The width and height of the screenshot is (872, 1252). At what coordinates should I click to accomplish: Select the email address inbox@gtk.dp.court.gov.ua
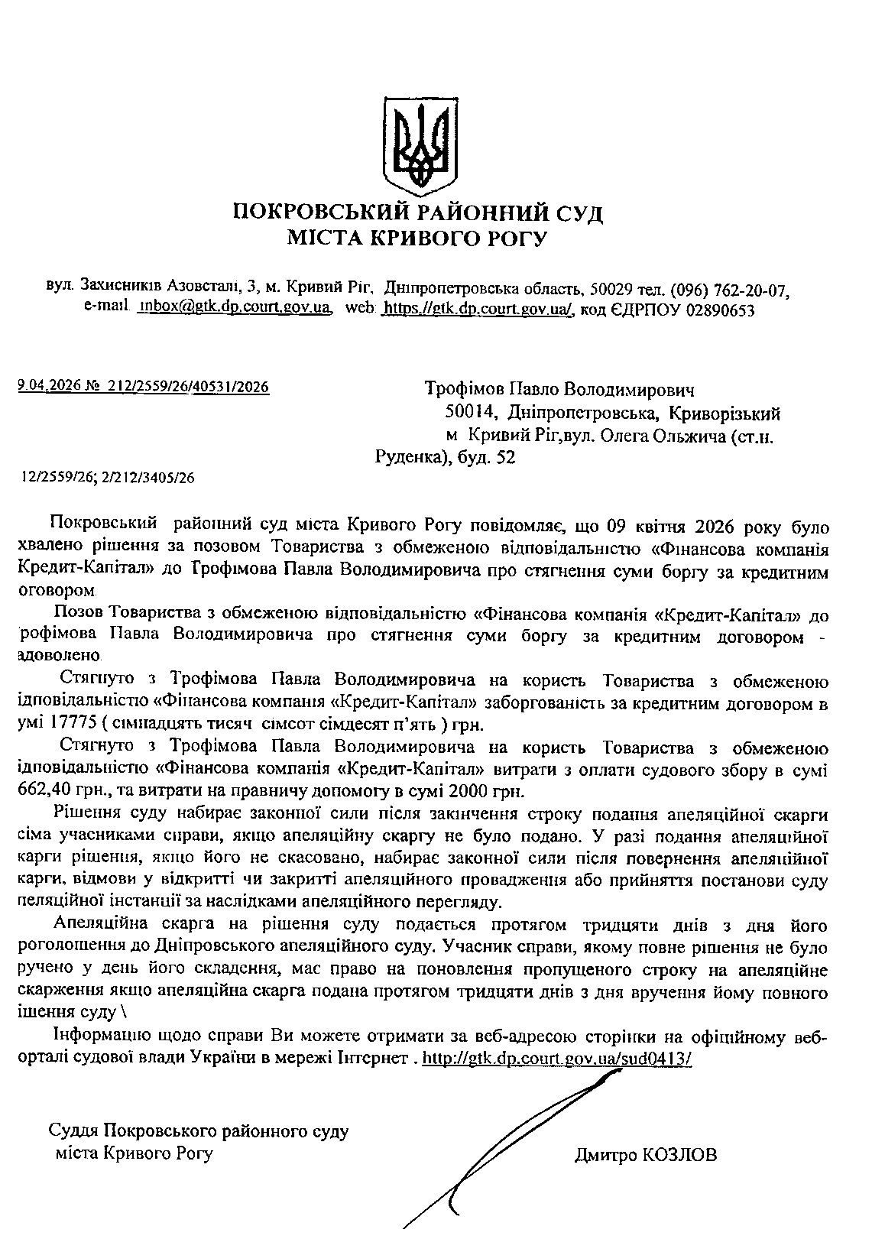(x=234, y=309)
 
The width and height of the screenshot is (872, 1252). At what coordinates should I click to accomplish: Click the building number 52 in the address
(x=507, y=457)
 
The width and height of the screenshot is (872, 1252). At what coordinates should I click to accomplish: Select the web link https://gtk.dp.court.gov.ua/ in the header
(x=477, y=309)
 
